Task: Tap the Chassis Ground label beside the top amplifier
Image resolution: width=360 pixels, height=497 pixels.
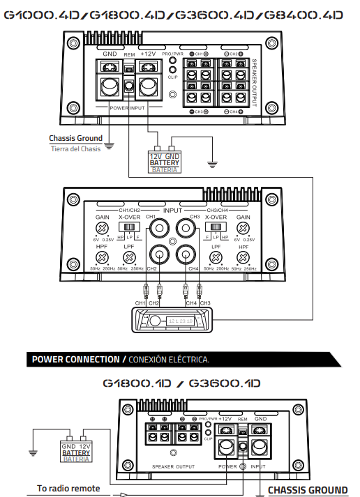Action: pyautogui.click(x=75, y=138)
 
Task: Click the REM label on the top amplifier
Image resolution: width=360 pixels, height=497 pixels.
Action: pyautogui.click(x=129, y=54)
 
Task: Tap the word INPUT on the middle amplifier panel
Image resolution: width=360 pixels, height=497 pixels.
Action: pyautogui.click(x=172, y=210)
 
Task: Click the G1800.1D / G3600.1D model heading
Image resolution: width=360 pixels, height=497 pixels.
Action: pyautogui.click(x=181, y=383)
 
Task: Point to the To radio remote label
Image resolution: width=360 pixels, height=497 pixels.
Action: pyautogui.click(x=68, y=488)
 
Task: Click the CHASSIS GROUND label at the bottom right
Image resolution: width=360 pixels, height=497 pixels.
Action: pyautogui.click(x=308, y=490)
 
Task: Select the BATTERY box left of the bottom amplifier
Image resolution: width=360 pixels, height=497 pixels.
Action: pyautogui.click(x=76, y=452)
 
